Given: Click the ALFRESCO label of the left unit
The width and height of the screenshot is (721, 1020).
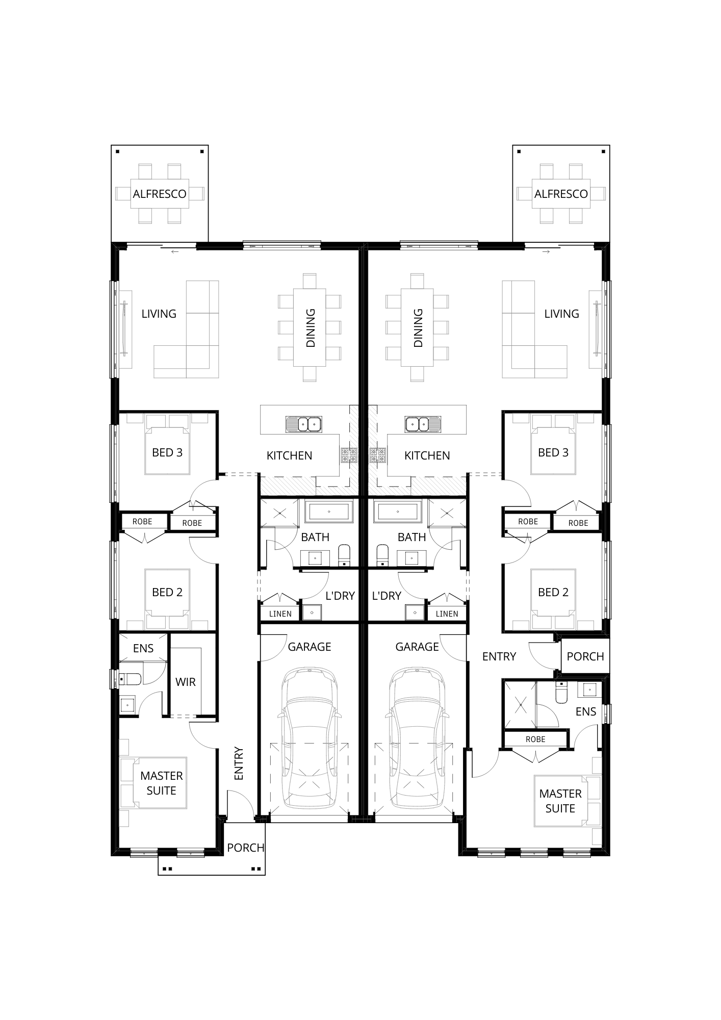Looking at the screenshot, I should coord(160,194).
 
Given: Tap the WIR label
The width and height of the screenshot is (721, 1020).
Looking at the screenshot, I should coord(185,682).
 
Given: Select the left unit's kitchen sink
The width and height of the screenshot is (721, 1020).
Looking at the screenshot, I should coord(303,423).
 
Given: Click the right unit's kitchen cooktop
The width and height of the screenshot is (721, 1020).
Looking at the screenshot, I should coord(378,454).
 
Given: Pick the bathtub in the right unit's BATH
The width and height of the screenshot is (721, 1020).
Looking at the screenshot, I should coord(397,511).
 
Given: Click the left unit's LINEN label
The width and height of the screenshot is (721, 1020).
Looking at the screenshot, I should coord(280,614).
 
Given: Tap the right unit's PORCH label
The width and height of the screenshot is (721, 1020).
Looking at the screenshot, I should coord(585,656).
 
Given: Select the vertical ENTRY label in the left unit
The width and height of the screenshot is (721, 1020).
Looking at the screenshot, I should coord(239,763).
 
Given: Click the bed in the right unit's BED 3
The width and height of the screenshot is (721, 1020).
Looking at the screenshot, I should coord(553,444).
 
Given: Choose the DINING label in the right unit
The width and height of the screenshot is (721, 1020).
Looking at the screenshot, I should coord(418,328).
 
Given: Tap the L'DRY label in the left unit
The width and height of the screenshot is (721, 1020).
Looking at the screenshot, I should coord(340,596).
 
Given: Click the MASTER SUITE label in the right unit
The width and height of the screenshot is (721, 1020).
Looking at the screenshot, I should coord(560,801).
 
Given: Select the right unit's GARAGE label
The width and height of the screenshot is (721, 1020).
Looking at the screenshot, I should coord(417,647).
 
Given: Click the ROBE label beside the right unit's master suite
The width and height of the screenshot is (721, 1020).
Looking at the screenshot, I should coord(535,739).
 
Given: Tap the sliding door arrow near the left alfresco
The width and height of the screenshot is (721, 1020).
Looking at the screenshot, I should coord(175,252).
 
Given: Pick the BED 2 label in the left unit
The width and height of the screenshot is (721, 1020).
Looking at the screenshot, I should coord(167,592).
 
